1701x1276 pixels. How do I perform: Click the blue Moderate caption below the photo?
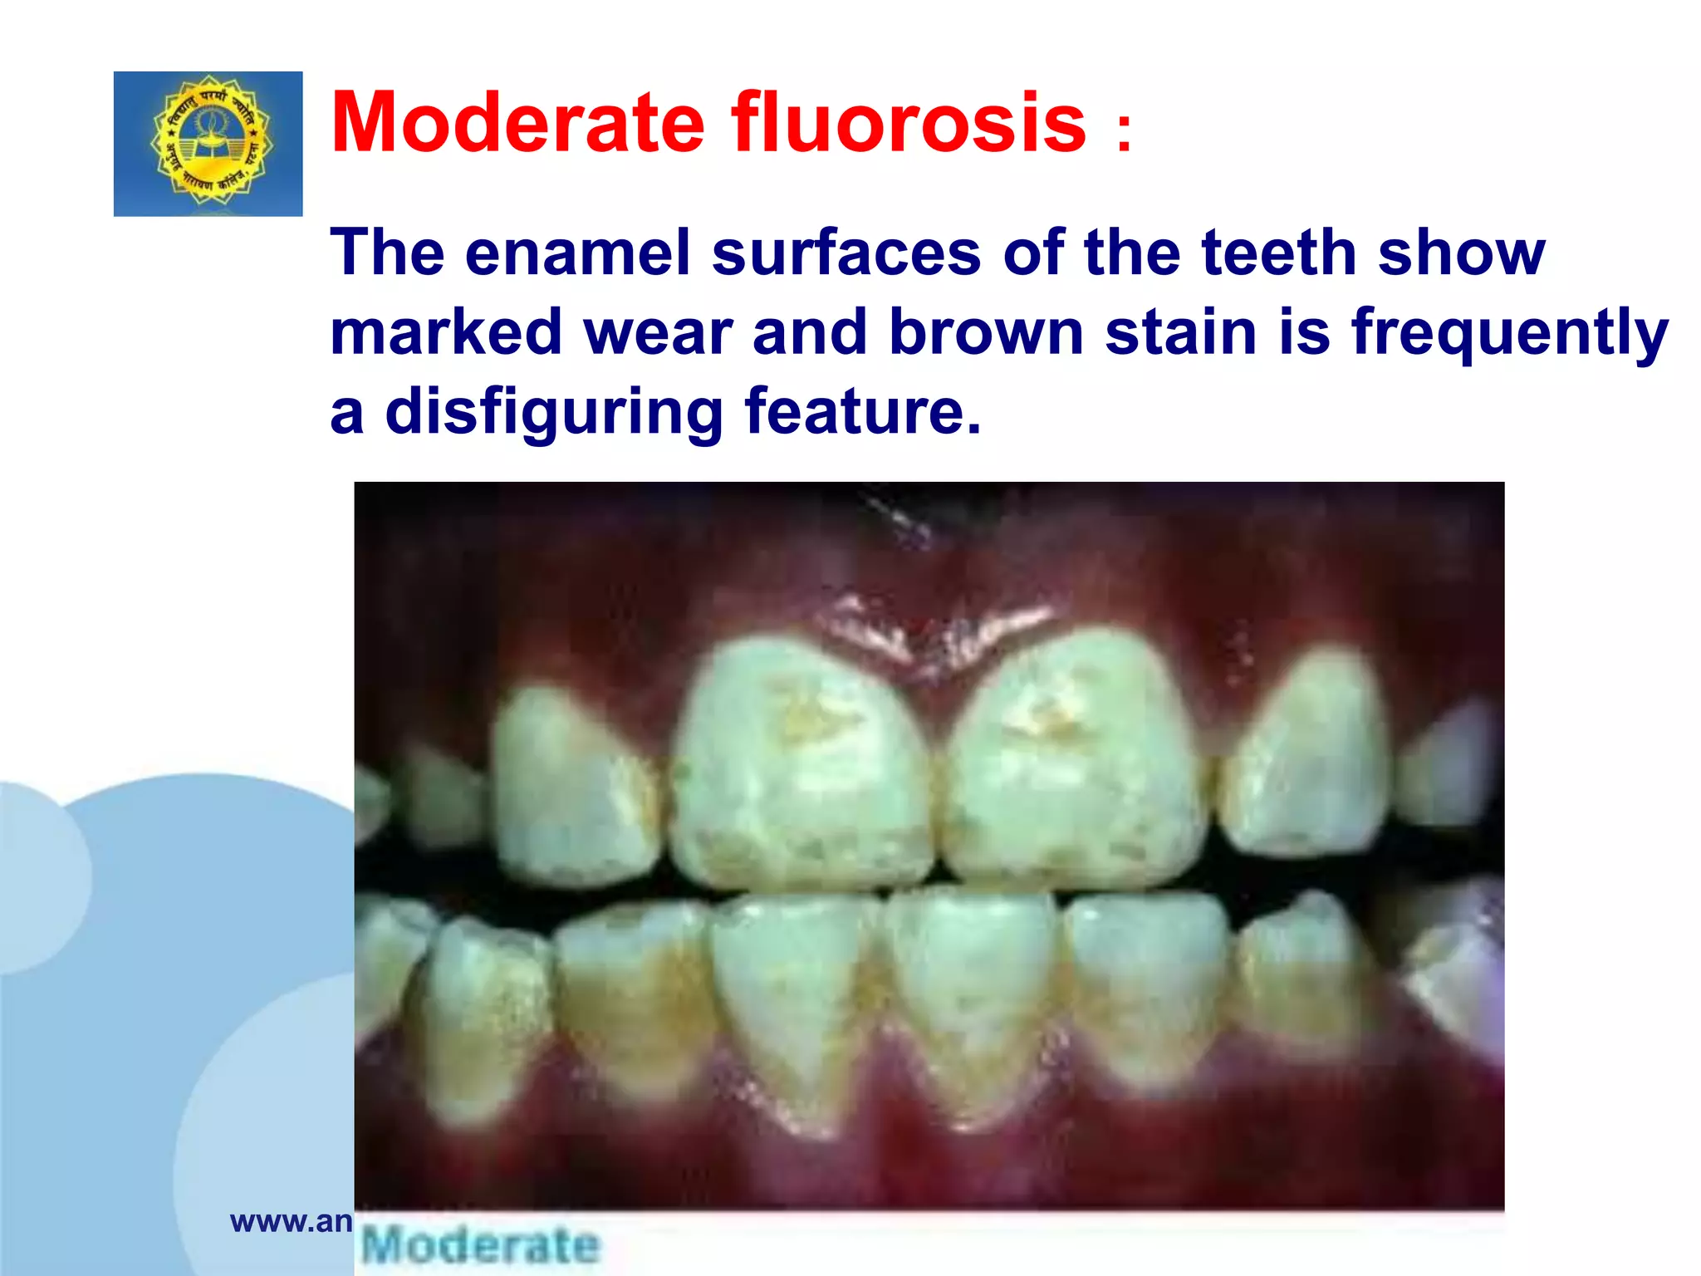(481, 1244)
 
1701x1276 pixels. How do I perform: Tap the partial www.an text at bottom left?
(292, 1221)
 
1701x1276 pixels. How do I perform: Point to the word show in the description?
(1462, 253)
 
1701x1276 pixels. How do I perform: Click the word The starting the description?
(386, 253)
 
